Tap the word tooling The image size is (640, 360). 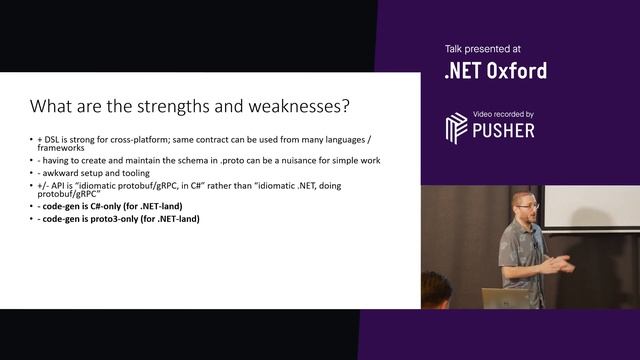click(x=125, y=172)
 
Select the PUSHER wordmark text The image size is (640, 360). click(x=504, y=130)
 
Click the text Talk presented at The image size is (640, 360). click(x=482, y=48)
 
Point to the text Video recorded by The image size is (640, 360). click(x=503, y=114)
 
